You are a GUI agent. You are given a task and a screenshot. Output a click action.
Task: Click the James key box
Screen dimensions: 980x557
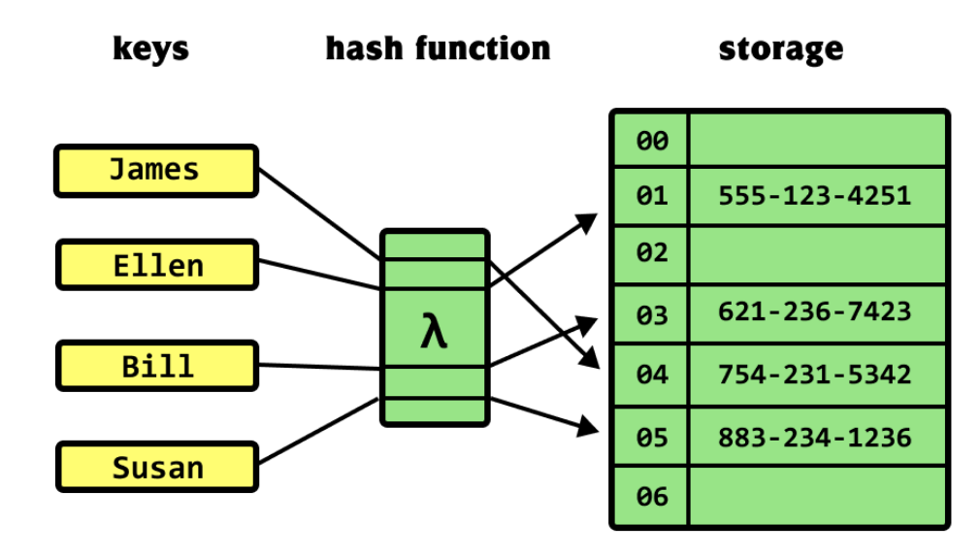(x=156, y=171)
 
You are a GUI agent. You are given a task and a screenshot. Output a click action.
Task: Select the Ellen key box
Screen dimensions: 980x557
(x=157, y=265)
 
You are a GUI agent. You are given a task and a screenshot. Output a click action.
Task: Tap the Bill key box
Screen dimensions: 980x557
(x=157, y=366)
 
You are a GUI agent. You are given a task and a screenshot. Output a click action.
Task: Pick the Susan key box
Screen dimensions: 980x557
(x=157, y=467)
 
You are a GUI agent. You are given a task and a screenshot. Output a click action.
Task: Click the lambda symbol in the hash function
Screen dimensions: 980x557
(x=434, y=330)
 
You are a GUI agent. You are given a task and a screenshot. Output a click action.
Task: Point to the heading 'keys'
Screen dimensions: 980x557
(x=150, y=49)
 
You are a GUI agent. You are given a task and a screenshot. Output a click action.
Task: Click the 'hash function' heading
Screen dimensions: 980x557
(x=438, y=49)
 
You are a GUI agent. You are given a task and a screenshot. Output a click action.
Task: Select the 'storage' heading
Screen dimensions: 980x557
(x=781, y=49)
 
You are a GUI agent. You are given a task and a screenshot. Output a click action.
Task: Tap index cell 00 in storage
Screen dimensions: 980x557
(x=651, y=140)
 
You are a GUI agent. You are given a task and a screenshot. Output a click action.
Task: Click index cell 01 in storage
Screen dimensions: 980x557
(x=651, y=196)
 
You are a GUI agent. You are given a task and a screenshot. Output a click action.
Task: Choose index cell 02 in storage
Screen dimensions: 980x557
(x=651, y=254)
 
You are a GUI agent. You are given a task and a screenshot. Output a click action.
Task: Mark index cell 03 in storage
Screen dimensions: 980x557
(x=651, y=314)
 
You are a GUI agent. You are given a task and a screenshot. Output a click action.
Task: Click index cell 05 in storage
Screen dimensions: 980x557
(x=651, y=437)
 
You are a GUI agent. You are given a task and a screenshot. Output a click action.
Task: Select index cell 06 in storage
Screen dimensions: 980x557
(x=651, y=497)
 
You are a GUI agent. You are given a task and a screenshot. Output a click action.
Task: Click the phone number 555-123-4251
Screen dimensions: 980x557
(x=814, y=196)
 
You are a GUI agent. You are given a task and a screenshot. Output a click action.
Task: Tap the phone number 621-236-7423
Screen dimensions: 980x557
(x=814, y=311)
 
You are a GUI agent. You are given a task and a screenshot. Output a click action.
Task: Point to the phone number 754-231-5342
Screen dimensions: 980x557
(x=814, y=375)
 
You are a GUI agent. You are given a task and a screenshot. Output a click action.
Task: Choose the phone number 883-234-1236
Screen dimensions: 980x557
(x=814, y=437)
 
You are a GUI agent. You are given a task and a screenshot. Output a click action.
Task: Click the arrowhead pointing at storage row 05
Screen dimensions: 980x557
(x=588, y=426)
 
